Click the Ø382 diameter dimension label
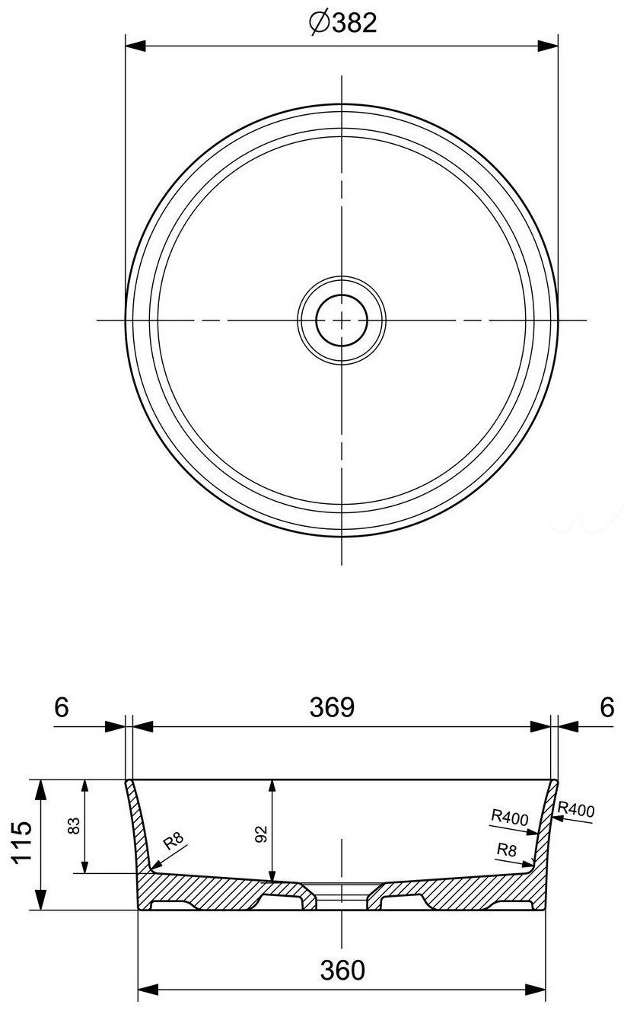point(343,22)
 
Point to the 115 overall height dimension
point(22,841)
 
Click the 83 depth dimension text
point(74,824)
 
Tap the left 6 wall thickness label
point(62,707)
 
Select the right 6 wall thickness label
point(607,707)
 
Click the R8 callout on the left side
point(174,840)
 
